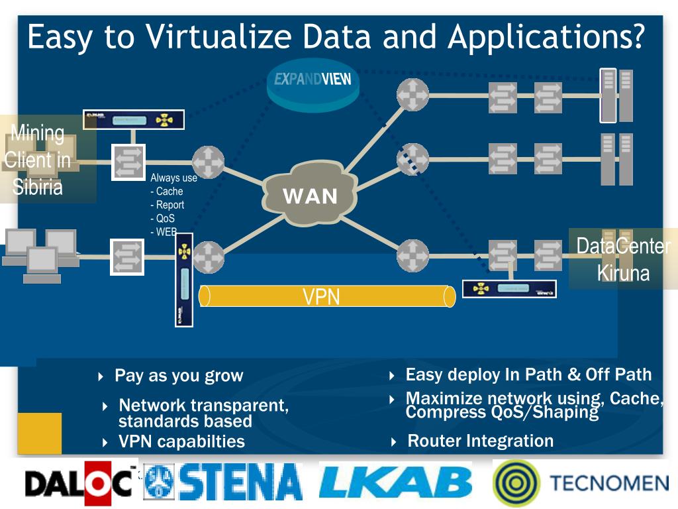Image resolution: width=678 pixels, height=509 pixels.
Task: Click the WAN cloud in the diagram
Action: pyautogui.click(x=310, y=195)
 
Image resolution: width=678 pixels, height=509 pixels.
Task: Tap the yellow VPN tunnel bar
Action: pyautogui.click(x=328, y=296)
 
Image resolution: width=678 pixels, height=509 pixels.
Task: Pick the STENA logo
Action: pyautogui.click(x=224, y=482)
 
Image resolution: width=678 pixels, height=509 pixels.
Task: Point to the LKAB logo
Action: pyautogui.click(x=395, y=482)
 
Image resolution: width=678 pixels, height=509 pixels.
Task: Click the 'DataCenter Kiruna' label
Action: pyautogui.click(x=623, y=259)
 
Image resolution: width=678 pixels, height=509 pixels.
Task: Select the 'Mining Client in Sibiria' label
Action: pyautogui.click(x=38, y=160)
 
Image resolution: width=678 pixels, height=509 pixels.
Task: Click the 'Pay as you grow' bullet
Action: pyautogui.click(x=179, y=376)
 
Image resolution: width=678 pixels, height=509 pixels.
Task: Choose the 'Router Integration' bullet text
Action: pyautogui.click(x=480, y=441)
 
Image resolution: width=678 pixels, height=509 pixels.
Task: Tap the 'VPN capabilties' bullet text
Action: pyautogui.click(x=181, y=441)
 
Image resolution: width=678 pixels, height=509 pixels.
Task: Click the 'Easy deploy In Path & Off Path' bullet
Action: pyautogui.click(x=528, y=374)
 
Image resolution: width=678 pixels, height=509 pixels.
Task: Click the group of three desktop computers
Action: pyautogui.click(x=41, y=254)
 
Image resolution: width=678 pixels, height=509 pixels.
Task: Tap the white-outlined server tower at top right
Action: pyautogui.click(x=608, y=95)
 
